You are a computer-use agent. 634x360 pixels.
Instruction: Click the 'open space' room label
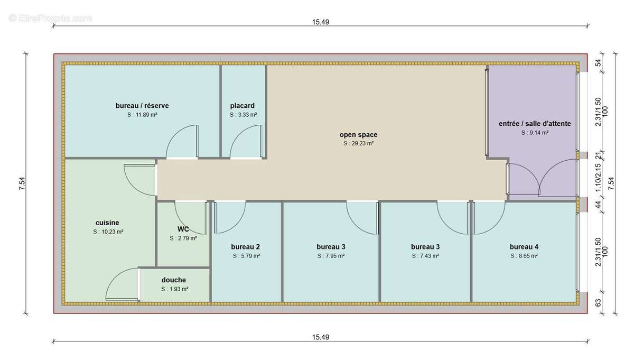[x=358, y=135]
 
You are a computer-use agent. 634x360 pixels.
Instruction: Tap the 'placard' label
[x=243, y=106]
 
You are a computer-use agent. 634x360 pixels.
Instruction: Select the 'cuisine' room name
[x=107, y=223]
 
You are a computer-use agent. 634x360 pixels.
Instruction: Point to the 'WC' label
[x=183, y=229]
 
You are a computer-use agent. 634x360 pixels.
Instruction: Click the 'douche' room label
[x=174, y=280]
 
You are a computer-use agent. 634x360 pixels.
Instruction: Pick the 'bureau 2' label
[x=245, y=247]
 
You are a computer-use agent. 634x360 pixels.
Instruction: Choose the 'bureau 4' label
[x=524, y=247]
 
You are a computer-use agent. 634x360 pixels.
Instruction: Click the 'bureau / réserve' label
[x=142, y=106]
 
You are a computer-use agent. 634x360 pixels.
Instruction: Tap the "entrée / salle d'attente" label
[x=535, y=124]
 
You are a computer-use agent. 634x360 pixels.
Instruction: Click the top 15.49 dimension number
[x=321, y=22]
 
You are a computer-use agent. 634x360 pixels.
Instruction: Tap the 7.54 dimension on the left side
[x=22, y=183]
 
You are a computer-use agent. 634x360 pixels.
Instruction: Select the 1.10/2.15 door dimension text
[x=598, y=178]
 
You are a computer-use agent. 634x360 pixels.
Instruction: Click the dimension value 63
[x=598, y=303]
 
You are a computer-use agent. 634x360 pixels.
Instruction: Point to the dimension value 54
[x=598, y=62]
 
